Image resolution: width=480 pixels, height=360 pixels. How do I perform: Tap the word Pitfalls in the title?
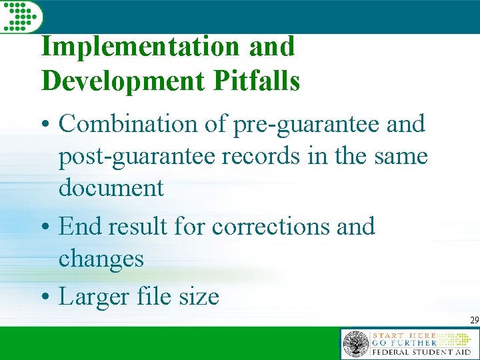click(x=257, y=81)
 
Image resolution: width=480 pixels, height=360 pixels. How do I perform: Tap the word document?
click(x=111, y=188)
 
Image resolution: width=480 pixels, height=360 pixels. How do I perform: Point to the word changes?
click(x=101, y=259)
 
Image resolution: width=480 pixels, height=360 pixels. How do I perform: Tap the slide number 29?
click(x=474, y=321)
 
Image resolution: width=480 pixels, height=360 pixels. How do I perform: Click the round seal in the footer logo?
click(x=356, y=344)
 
